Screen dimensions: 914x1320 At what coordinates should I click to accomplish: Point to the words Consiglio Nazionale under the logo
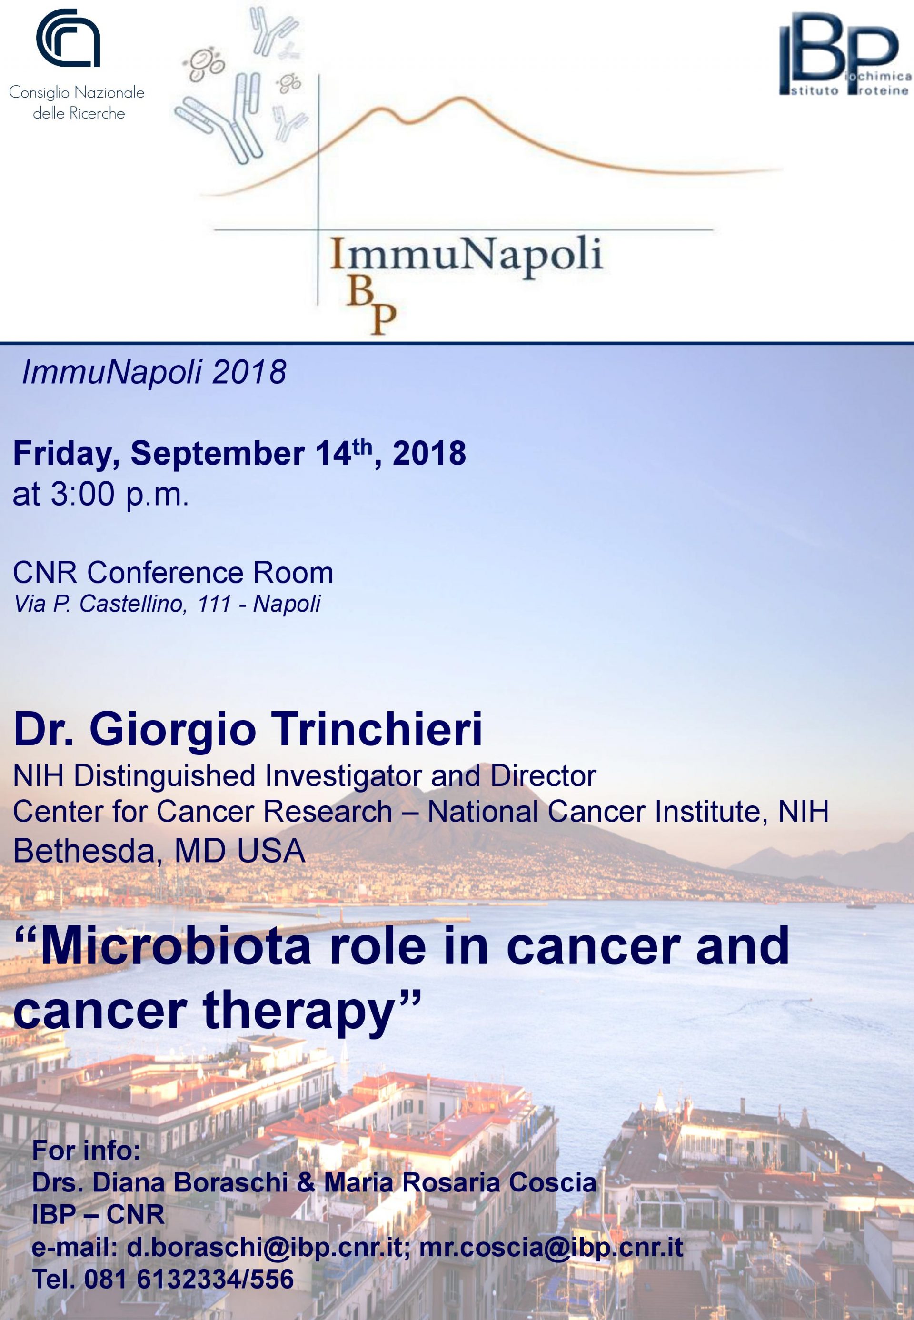coord(77,92)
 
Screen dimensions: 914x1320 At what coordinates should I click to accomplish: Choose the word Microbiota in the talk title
coord(175,946)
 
